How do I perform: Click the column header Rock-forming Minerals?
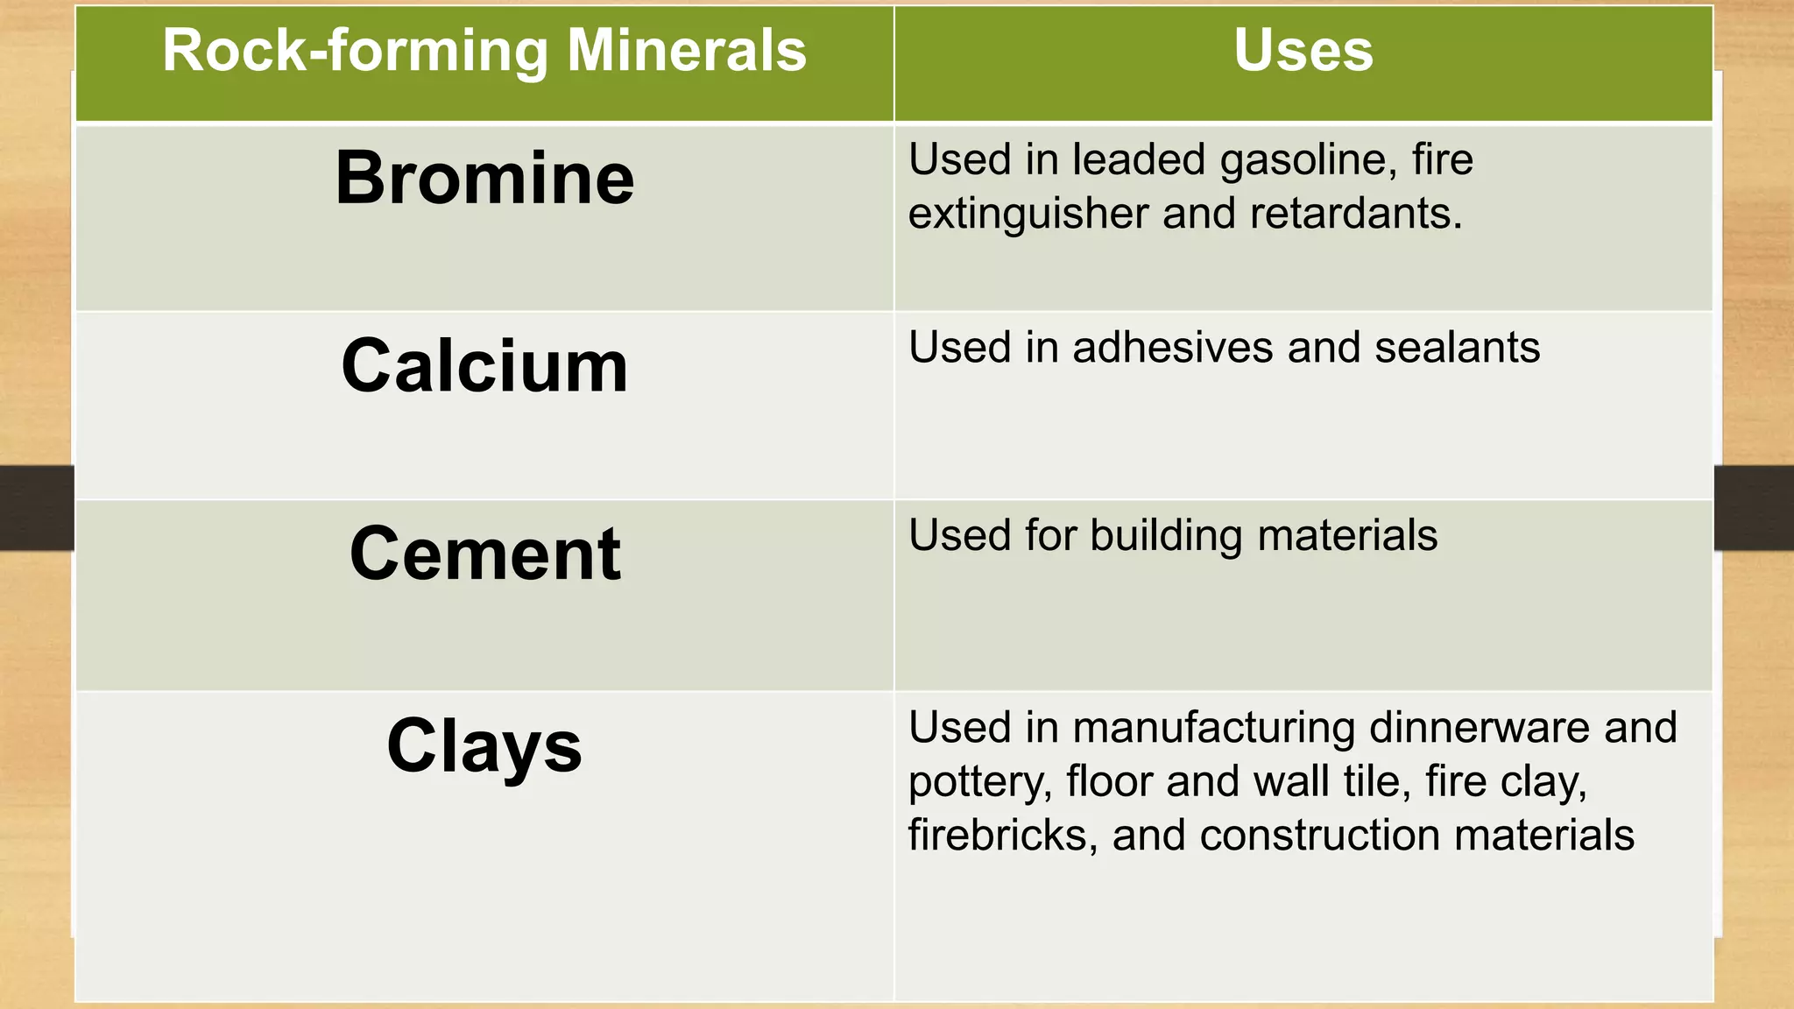tap(484, 51)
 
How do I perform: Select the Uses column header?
tap(1303, 51)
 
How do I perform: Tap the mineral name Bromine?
tap(484, 178)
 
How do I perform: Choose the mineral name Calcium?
tap(484, 366)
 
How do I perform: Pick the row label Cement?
tap(484, 554)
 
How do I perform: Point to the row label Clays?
tap(484, 746)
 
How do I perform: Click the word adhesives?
tap(1173, 348)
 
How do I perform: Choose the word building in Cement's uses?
tap(1166, 536)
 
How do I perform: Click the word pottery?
tap(979, 782)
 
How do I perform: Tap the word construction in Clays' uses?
tap(1320, 836)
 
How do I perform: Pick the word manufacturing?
tap(1213, 728)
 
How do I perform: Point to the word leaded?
tap(1139, 160)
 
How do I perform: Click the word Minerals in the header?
tap(686, 51)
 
